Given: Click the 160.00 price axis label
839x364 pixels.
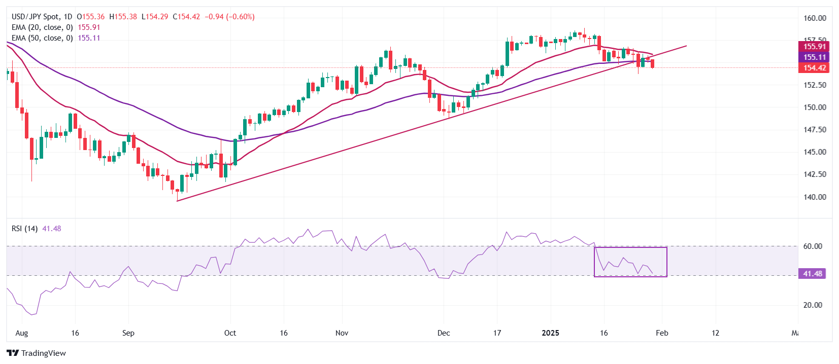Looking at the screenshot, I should coord(815,18).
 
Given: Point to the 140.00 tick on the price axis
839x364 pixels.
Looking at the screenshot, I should coord(815,197).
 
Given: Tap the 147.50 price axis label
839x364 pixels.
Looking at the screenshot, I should coord(815,130).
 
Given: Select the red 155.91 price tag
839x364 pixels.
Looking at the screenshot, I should coord(814,47).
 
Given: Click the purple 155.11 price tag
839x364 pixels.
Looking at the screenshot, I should coord(814,57).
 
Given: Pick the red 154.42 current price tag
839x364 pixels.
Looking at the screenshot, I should coord(814,68).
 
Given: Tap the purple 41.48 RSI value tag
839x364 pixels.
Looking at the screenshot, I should coord(812,274).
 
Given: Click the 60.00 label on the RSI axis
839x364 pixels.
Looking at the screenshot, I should coord(813,246).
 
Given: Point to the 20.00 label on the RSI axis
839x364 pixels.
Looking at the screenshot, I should coord(813,305).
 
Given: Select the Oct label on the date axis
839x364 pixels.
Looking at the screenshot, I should coord(230,333).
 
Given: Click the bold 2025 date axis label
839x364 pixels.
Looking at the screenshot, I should coord(550,333).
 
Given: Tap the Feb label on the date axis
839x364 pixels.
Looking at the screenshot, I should coord(662,333).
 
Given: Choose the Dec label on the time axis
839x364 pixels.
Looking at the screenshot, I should coord(444,333).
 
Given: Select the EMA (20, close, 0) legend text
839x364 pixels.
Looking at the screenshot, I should coord(42,27).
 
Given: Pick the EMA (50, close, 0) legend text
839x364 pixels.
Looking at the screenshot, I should coord(42,38).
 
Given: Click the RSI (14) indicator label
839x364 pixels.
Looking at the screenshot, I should coord(24,229).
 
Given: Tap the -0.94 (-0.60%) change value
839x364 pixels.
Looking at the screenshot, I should coord(229,17).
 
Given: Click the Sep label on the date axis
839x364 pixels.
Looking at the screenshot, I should coord(128,333).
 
